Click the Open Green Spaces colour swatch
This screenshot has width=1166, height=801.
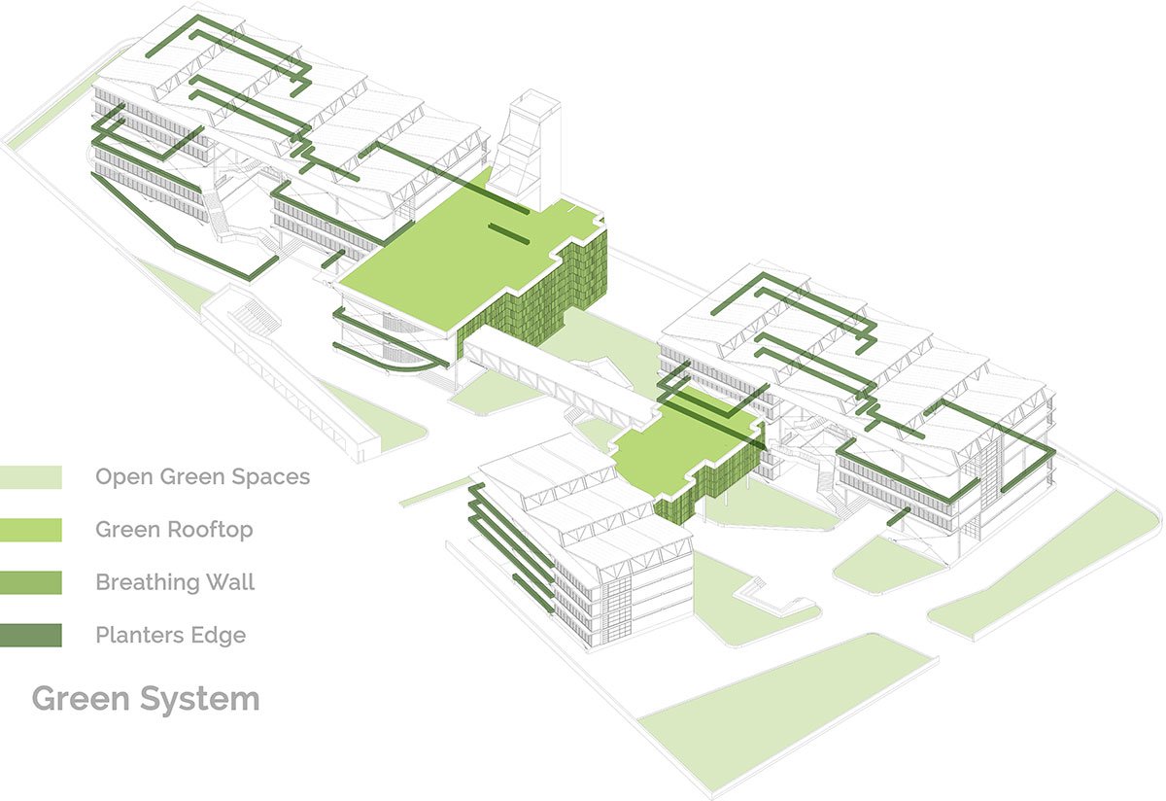tap(31, 477)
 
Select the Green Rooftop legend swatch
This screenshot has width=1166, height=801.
tap(31, 530)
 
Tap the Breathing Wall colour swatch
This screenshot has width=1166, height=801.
tap(31, 582)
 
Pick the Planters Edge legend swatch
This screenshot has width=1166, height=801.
tap(31, 635)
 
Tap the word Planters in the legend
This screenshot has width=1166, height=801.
tap(138, 635)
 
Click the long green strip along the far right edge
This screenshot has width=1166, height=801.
tap(1045, 564)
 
